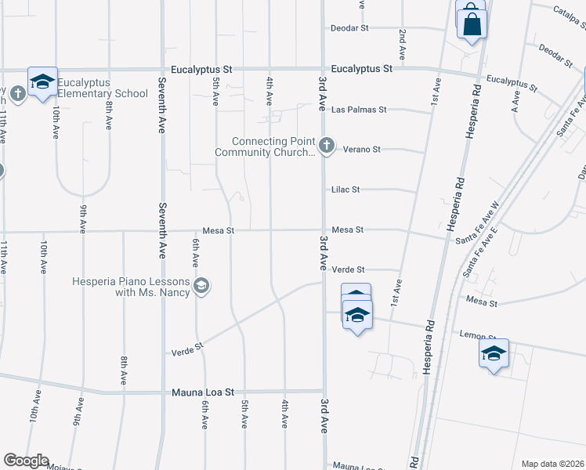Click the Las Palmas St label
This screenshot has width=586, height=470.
pos(359,110)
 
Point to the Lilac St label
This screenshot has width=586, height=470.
pos(345,190)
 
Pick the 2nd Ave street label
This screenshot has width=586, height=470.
pos(402,45)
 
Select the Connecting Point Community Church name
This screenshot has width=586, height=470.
pos(273,146)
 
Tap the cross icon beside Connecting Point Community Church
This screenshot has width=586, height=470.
pos(327,145)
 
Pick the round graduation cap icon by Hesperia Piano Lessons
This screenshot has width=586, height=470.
pos(202,287)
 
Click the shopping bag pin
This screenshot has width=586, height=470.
pos(472,24)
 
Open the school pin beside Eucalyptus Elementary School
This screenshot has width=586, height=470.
pos(43,81)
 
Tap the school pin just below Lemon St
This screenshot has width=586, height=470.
pos(494,354)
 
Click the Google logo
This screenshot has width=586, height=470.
pos(26,461)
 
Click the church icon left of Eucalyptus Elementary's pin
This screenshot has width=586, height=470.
pos(18,93)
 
